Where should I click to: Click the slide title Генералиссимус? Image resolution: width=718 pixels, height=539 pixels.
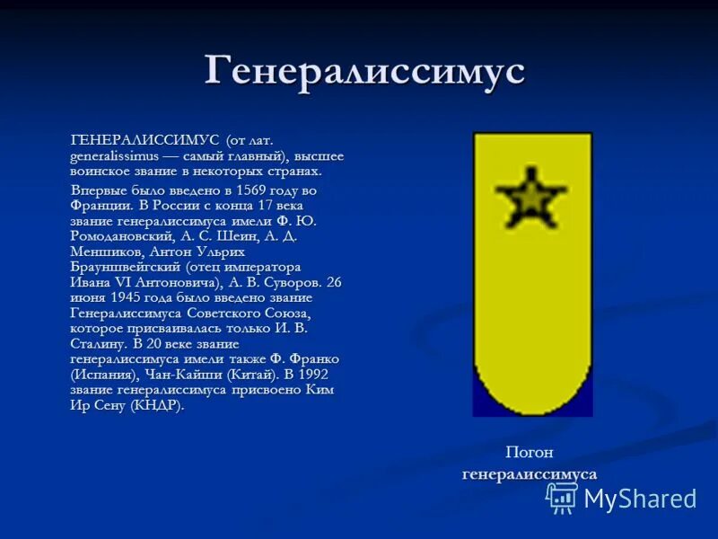[x=364, y=71]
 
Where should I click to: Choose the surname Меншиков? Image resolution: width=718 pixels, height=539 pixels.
[x=102, y=252]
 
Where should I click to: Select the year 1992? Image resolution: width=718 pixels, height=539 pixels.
[x=311, y=375]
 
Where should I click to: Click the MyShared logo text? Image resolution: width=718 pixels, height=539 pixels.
[x=640, y=499]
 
